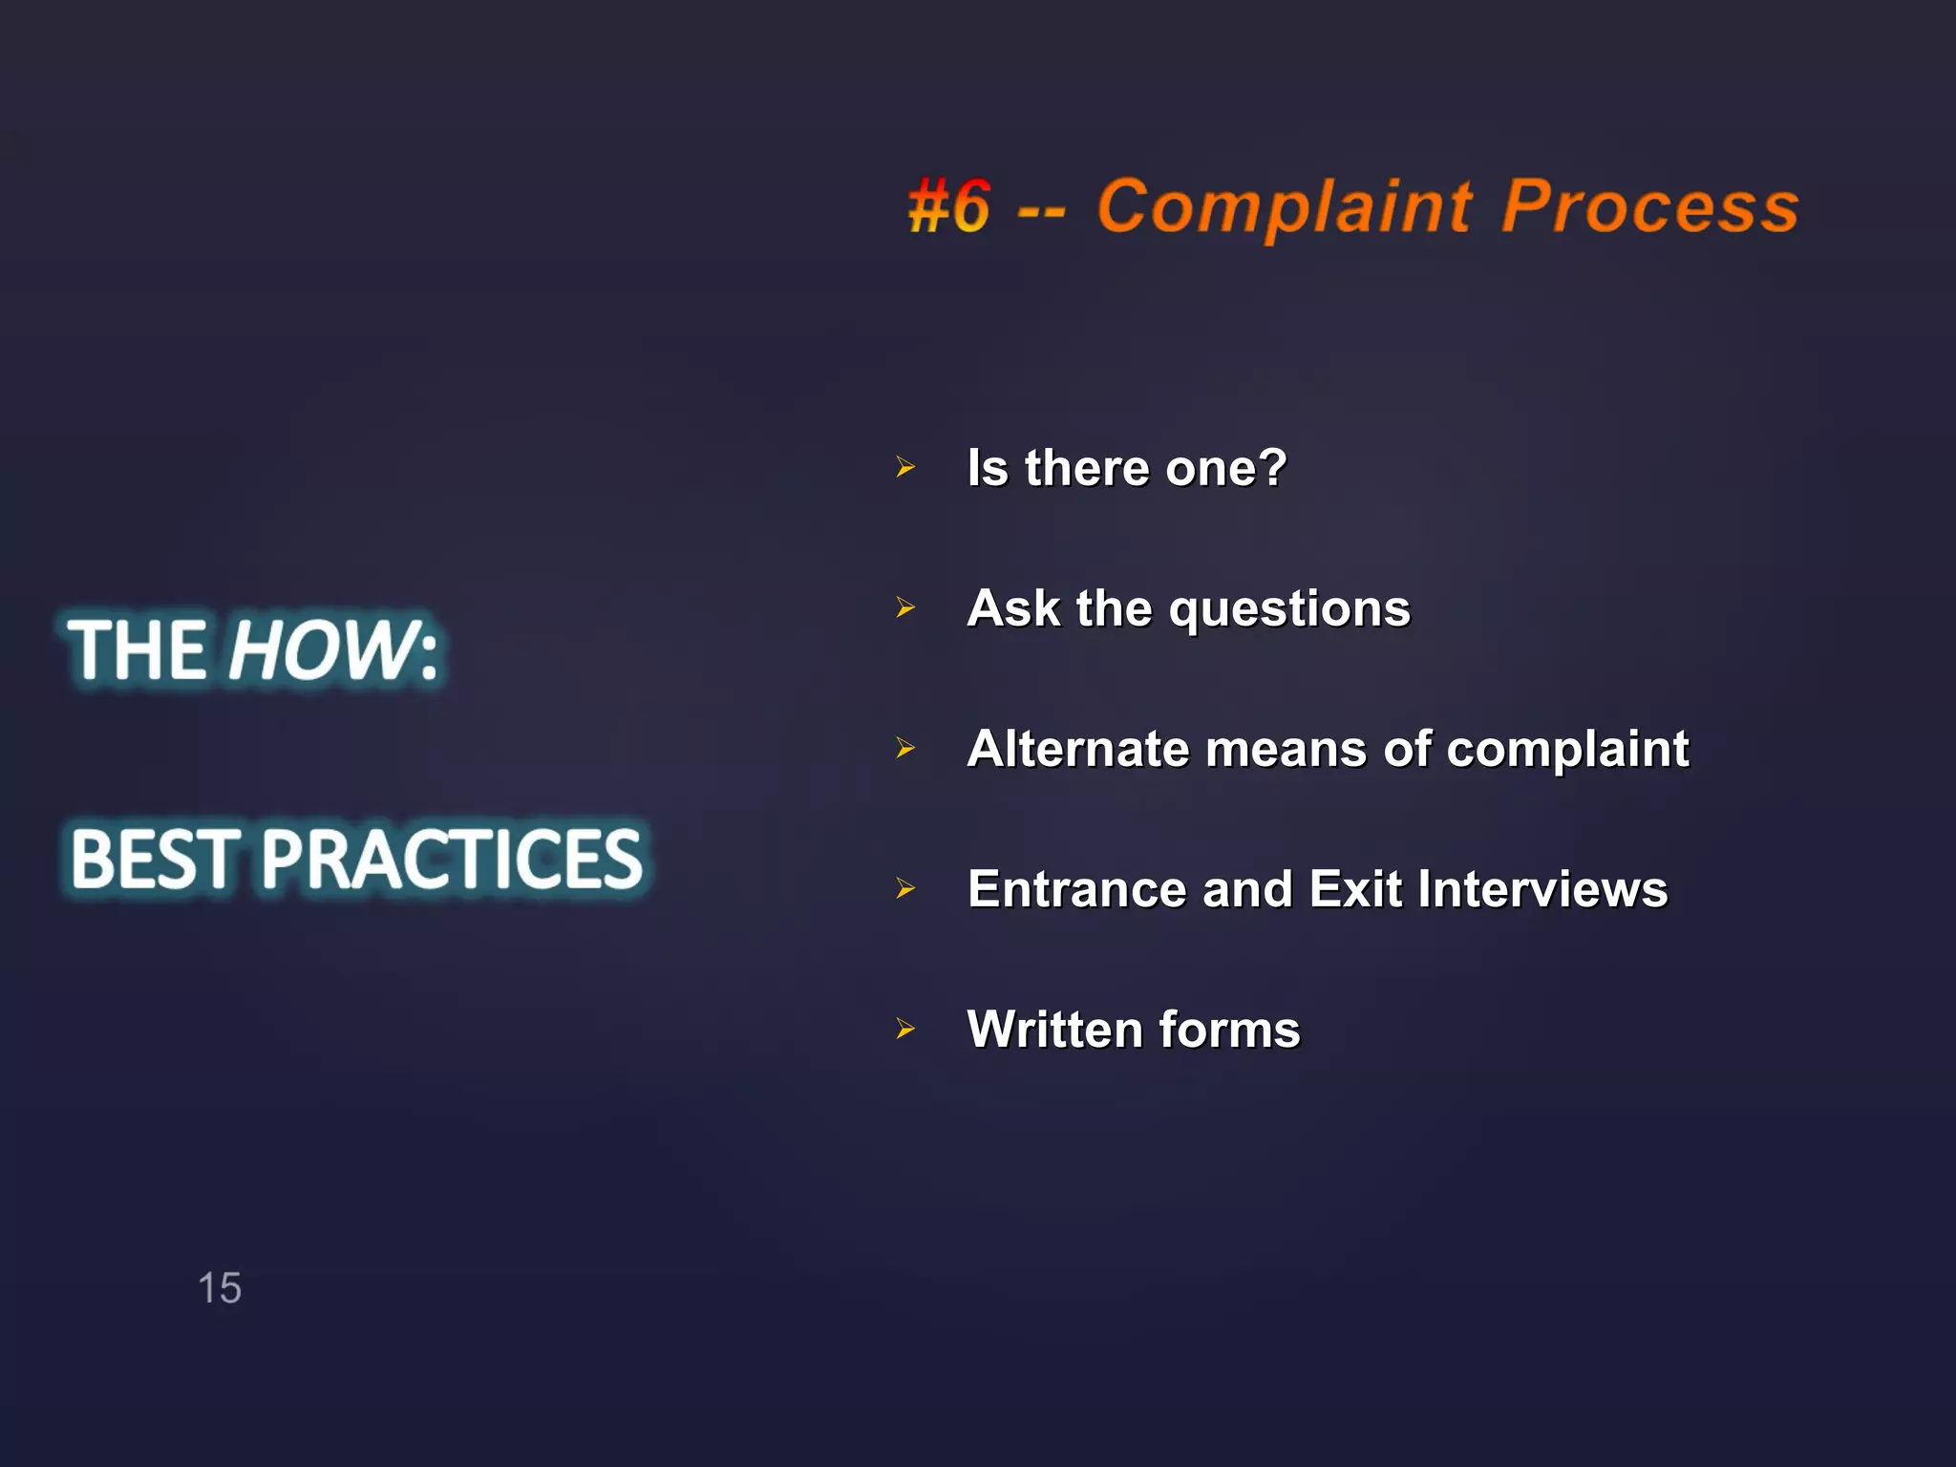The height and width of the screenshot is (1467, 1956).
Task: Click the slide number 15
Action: click(x=220, y=1288)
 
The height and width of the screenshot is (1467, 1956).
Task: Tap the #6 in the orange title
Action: click(x=948, y=207)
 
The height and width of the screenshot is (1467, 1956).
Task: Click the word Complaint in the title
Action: click(x=1286, y=207)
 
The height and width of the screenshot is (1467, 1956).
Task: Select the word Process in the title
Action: click(x=1650, y=207)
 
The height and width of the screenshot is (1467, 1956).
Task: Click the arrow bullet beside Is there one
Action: click(x=905, y=468)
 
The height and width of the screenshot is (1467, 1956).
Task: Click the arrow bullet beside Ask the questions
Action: click(x=905, y=608)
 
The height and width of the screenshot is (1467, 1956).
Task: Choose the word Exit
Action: click(x=1355, y=890)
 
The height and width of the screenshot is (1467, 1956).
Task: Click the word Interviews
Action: click(x=1542, y=890)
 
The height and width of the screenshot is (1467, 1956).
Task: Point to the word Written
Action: click(x=1054, y=1030)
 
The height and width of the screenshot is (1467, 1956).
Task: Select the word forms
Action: click(x=1229, y=1030)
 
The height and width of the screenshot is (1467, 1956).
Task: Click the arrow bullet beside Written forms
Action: click(x=905, y=1030)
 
